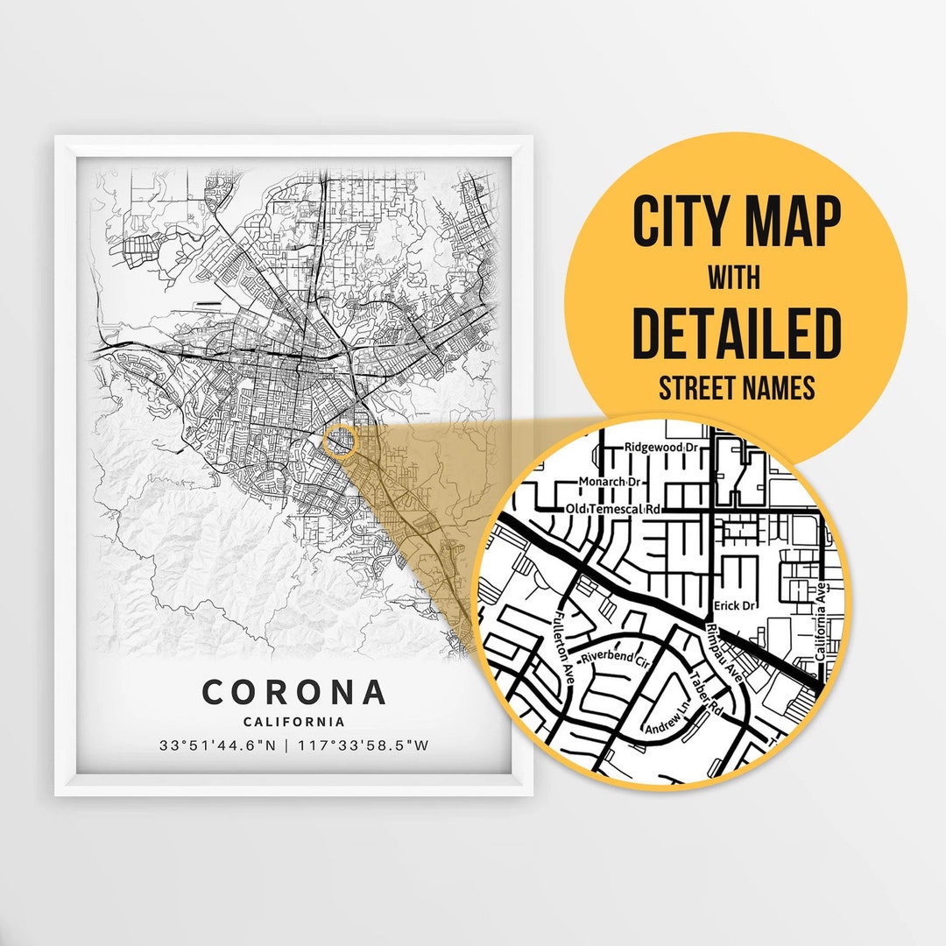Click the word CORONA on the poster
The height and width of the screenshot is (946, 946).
(x=293, y=692)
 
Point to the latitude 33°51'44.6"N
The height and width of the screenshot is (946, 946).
(x=217, y=747)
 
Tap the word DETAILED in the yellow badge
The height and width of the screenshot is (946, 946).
(x=736, y=333)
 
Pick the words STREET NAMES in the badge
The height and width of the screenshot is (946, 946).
(x=736, y=388)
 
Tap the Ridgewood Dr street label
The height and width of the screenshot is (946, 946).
(x=663, y=448)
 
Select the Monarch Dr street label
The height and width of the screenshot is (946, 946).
(x=613, y=482)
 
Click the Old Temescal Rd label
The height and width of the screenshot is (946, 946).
(x=613, y=509)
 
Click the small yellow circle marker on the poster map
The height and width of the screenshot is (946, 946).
(x=339, y=441)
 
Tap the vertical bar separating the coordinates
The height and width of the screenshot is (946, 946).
(x=292, y=747)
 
